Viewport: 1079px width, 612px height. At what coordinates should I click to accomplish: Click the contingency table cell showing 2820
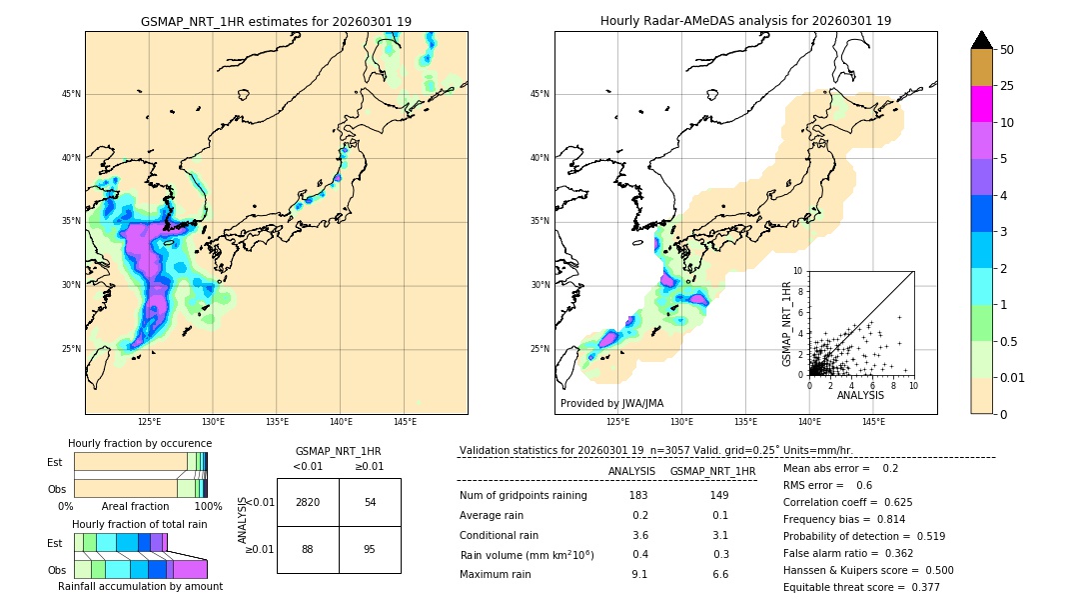[308, 502]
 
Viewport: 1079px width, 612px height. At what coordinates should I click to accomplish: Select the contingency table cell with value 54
[370, 502]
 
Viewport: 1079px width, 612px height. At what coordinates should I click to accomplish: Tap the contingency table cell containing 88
[308, 549]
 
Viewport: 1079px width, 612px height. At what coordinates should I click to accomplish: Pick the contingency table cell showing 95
[370, 549]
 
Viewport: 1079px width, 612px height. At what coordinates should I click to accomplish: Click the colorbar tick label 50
[1007, 50]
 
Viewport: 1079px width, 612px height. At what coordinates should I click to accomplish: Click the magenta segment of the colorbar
[982, 104]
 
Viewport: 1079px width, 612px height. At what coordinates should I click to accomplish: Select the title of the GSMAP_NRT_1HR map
[276, 21]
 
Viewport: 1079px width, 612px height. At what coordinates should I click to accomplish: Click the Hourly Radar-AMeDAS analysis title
[745, 21]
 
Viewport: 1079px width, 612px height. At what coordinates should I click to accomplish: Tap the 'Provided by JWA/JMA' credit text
[611, 404]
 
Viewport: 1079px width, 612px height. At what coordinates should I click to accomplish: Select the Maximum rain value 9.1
[639, 575]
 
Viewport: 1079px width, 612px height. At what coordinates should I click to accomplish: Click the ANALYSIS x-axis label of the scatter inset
[860, 396]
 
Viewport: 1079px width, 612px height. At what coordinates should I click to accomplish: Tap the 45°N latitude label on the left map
[71, 94]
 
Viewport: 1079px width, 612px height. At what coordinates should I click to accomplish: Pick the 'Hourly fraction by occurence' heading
[140, 444]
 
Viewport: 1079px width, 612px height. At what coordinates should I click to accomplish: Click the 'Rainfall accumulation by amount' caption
[140, 587]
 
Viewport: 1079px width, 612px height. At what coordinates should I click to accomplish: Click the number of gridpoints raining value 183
[639, 496]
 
